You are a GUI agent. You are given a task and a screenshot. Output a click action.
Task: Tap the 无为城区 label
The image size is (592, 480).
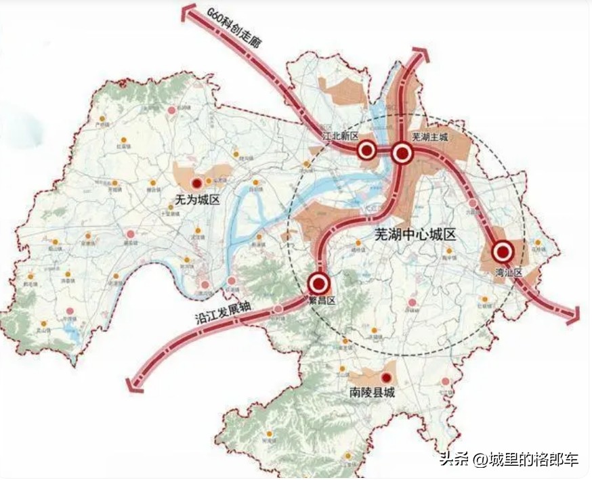(x=195, y=200)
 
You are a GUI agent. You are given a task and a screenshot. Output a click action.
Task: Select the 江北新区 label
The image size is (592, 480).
(x=339, y=136)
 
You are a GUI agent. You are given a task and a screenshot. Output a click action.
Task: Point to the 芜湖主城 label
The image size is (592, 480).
(x=429, y=137)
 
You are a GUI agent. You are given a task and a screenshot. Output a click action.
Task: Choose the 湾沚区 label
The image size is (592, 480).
(x=509, y=272)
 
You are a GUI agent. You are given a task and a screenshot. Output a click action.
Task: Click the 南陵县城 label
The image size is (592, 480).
(x=372, y=393)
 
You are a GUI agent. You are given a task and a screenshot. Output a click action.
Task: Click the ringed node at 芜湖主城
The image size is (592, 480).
(x=402, y=154)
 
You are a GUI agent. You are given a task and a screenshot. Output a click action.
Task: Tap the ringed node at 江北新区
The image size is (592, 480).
(x=367, y=150)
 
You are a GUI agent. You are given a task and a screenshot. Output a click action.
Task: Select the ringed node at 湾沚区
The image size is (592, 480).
(x=503, y=252)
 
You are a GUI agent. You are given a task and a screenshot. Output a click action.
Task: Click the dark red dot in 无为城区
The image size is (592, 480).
(x=196, y=183)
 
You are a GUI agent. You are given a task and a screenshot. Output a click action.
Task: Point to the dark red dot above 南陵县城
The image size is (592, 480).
(x=386, y=377)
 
